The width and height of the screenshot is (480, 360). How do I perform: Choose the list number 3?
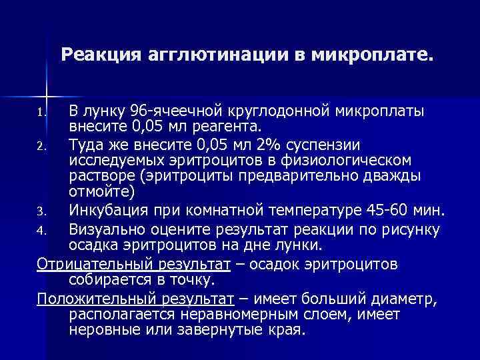(x=41, y=213)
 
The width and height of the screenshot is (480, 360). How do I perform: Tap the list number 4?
(x=41, y=231)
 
